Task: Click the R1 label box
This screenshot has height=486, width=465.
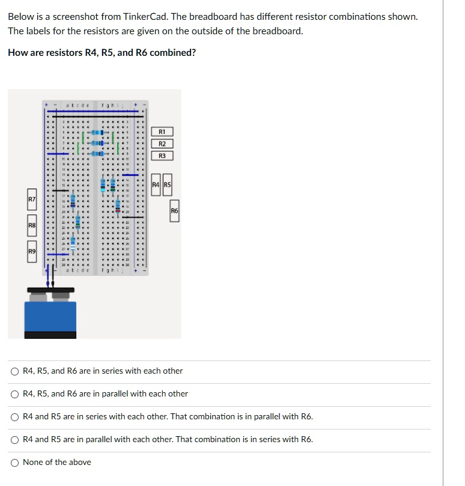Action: [x=162, y=132]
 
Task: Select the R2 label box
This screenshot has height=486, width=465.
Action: [x=162, y=144]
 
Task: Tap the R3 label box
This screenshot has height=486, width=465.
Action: [x=162, y=156]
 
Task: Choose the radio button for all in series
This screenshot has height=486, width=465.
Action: [x=14, y=371]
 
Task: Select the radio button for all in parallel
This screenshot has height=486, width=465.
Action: [x=14, y=394]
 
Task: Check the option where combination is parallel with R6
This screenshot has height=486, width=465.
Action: [x=14, y=417]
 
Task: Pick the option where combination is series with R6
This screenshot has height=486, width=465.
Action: [x=14, y=440]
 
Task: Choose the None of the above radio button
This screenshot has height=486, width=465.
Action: [x=14, y=463]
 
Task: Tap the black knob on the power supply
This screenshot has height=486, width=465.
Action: [x=39, y=296]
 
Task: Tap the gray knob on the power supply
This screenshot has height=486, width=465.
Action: [x=61, y=296]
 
